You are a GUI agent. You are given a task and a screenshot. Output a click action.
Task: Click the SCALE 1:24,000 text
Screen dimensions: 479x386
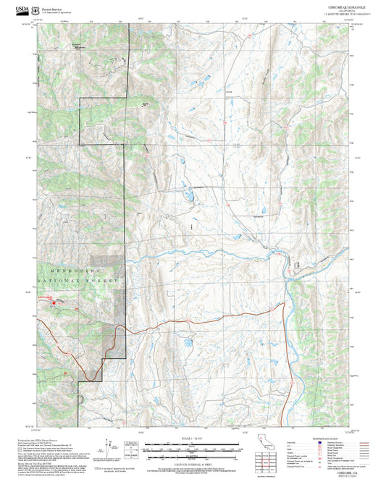tap(193, 439)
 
